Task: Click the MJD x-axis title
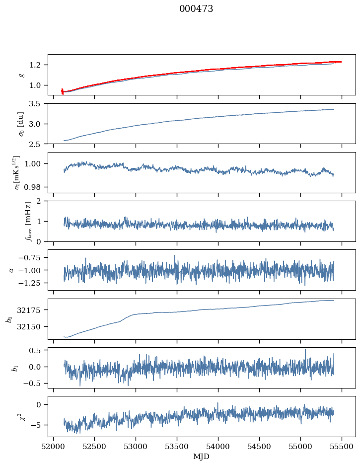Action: click(202, 456)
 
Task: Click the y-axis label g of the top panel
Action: click(21, 75)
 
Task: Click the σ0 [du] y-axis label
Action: click(21, 123)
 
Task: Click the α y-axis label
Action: click(11, 270)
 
